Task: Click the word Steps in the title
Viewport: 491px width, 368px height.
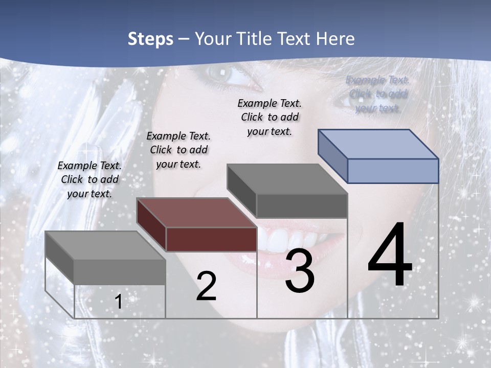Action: pos(150,39)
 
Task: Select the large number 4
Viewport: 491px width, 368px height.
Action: pos(390,255)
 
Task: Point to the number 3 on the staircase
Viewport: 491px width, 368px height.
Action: pos(300,271)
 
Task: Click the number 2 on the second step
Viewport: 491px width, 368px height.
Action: pos(206,286)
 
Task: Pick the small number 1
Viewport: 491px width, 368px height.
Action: pos(118,302)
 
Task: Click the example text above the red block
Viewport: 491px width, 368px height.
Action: pos(178,150)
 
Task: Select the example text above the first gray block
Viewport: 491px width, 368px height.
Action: pos(90,179)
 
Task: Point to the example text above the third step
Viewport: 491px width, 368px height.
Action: pos(270,117)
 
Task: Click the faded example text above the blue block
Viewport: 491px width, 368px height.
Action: pos(377,94)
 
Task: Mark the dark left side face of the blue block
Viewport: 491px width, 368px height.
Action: pos(332,156)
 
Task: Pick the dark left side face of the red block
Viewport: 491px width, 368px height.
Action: pos(151,225)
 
